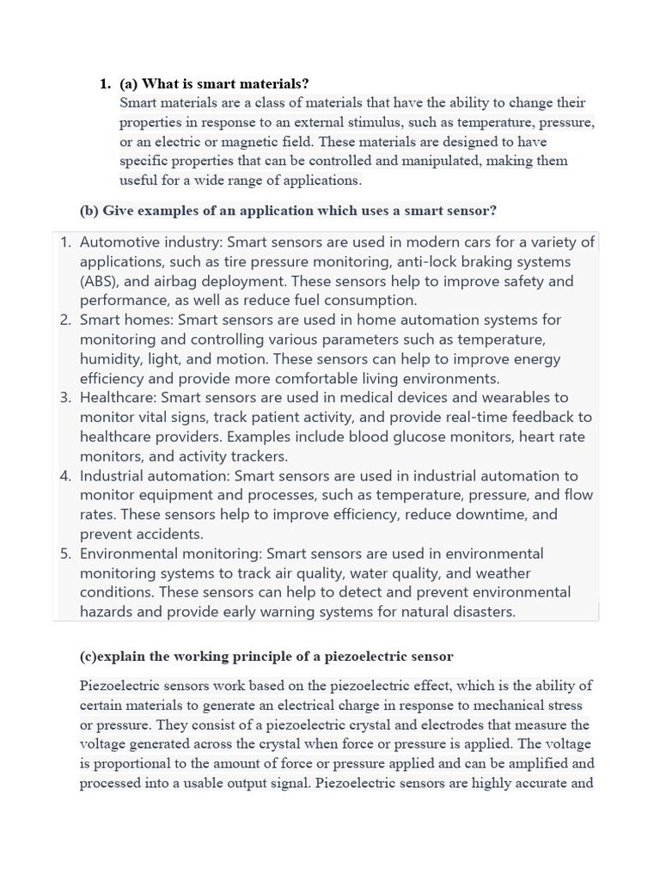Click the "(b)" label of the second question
[89, 211]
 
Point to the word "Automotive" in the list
[118, 242]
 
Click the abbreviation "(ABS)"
[101, 281]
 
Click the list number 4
[66, 476]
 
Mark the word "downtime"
[478, 515]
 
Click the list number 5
[66, 553]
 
